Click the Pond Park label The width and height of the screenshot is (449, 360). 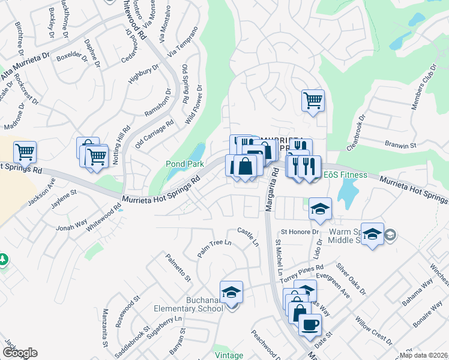point(185,164)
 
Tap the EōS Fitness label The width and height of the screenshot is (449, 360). point(345,175)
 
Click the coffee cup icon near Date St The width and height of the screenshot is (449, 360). point(310,325)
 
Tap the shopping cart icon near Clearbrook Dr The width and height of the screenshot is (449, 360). point(313,100)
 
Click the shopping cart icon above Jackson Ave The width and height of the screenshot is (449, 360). point(25,152)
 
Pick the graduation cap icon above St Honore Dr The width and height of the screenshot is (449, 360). point(321,208)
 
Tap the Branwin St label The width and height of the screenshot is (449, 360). point(401,146)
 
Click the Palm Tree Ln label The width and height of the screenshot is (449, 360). point(214,250)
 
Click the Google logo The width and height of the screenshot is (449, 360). point(20,353)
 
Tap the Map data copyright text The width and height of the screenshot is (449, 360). point(423,355)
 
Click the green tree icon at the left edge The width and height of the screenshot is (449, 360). point(3,259)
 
